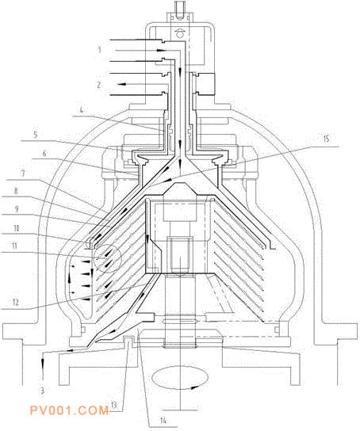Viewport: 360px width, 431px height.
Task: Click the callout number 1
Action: click(x=100, y=50)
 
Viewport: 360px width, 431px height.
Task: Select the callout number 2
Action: click(x=99, y=85)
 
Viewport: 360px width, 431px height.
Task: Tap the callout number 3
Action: click(x=42, y=391)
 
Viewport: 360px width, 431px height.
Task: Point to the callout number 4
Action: click(x=81, y=110)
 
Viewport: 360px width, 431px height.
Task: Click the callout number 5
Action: click(x=36, y=135)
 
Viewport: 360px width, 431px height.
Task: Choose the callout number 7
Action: click(x=23, y=174)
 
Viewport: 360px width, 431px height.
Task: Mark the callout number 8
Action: click(x=16, y=191)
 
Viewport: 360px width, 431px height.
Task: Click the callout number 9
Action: click(x=16, y=209)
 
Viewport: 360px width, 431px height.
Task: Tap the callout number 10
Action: click(x=17, y=228)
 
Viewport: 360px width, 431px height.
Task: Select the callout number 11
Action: click(x=14, y=246)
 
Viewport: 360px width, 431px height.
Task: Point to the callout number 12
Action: click(x=15, y=303)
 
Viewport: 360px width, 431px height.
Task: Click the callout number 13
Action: click(x=113, y=404)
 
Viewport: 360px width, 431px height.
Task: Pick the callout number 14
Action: click(x=163, y=420)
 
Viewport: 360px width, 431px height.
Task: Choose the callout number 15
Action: click(x=326, y=139)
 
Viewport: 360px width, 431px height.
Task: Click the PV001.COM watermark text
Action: click(x=69, y=410)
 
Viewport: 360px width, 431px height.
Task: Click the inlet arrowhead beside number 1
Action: click(x=162, y=51)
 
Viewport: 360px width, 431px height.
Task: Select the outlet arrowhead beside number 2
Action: click(x=122, y=84)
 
